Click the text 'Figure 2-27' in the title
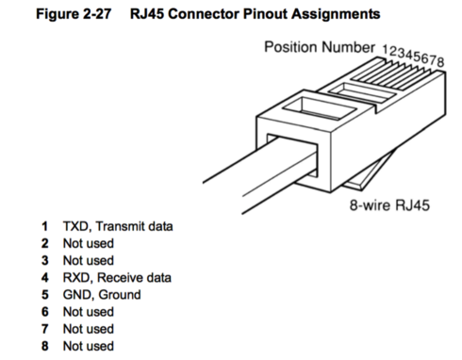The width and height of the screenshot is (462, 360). click(74, 14)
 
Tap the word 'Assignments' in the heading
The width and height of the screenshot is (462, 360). click(336, 14)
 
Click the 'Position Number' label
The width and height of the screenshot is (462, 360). click(320, 47)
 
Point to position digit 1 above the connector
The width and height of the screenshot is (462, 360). click(386, 49)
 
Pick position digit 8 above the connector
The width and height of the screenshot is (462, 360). click(440, 61)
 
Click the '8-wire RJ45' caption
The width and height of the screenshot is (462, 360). click(389, 205)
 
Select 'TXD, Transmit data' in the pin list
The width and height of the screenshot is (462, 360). click(118, 226)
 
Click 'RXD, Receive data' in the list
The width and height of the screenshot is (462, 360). click(117, 278)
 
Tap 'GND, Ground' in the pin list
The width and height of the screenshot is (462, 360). click(102, 295)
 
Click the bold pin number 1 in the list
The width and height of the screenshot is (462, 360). click(45, 226)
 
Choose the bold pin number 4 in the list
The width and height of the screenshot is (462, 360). click(45, 278)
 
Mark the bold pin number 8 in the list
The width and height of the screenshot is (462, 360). click(45, 346)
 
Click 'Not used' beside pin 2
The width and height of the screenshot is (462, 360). click(89, 244)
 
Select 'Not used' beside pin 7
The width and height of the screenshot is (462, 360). click(89, 329)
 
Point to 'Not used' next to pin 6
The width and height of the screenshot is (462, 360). click(89, 312)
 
